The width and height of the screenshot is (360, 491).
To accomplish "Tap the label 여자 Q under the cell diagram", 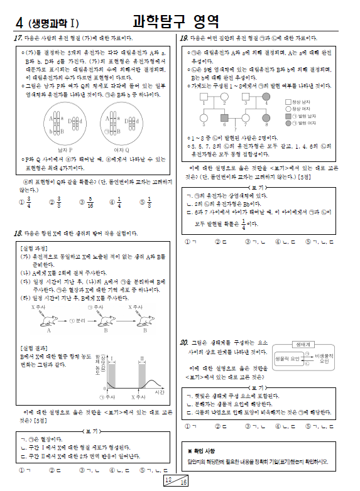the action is tap(121, 150).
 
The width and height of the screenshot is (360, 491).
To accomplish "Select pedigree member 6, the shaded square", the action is tap(224, 117).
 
